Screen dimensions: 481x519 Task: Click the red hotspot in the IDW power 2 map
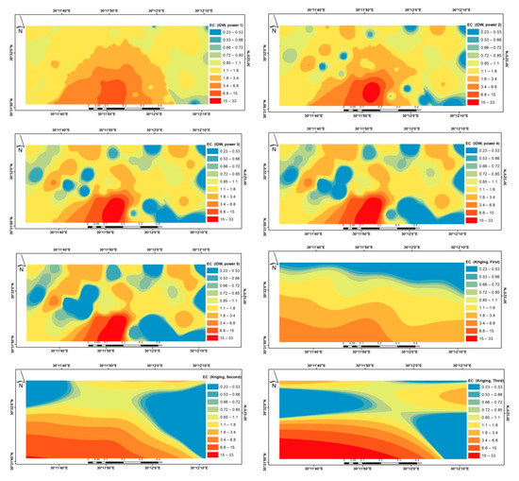[370, 92]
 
